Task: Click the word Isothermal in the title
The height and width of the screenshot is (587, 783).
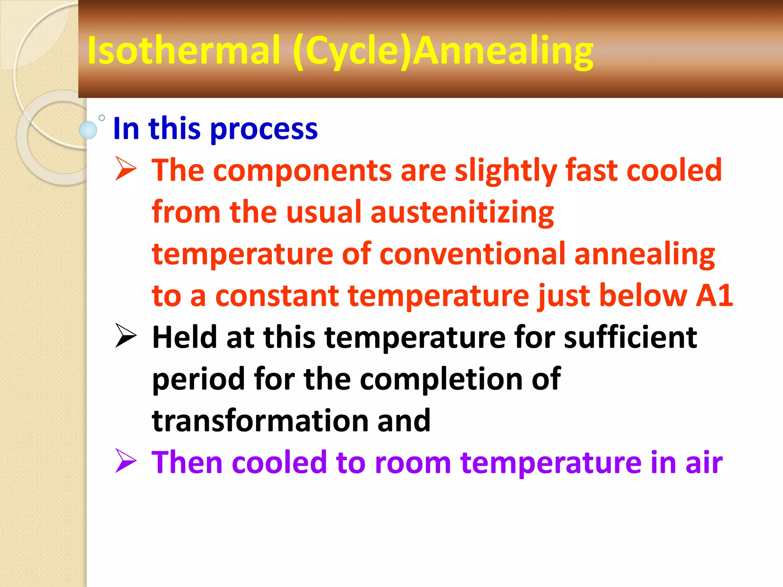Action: [x=184, y=50]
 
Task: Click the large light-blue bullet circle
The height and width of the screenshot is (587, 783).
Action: [x=88, y=130]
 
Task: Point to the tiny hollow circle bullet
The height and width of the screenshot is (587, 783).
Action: [x=102, y=118]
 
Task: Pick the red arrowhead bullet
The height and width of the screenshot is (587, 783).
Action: [x=126, y=169]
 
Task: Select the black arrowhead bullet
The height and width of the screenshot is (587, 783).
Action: [x=126, y=336]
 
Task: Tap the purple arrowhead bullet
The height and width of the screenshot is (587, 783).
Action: [x=126, y=461]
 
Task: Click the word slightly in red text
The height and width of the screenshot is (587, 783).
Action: [x=505, y=170]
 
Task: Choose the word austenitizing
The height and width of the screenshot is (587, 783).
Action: [x=462, y=212]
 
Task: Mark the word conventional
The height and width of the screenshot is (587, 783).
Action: [x=472, y=254]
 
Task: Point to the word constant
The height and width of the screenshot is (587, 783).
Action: [x=277, y=296]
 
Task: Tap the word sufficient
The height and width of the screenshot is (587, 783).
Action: [x=630, y=337]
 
